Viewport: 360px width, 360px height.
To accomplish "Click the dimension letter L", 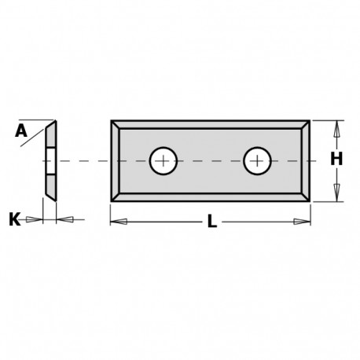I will tap(211, 223).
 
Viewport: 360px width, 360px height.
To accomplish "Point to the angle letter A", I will tap(21, 131).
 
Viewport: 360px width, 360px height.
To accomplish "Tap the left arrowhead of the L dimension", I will tap(116, 222).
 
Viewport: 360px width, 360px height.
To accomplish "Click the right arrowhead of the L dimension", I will tap(306, 222).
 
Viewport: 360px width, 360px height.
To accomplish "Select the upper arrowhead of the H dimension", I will tap(336, 127).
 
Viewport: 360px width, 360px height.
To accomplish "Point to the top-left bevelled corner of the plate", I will tap(116, 124).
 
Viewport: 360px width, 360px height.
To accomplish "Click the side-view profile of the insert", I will tap(50, 160).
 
